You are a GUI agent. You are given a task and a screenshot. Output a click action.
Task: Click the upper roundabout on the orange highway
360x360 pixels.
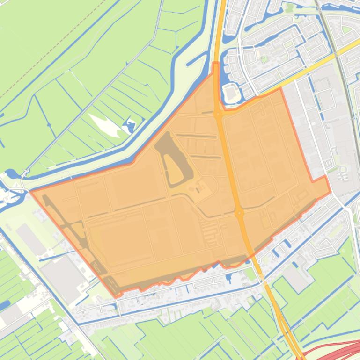pos(218,114)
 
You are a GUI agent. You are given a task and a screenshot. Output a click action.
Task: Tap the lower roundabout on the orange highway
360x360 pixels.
pos(240,213)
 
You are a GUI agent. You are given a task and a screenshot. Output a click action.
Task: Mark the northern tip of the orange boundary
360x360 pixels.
pos(216,63)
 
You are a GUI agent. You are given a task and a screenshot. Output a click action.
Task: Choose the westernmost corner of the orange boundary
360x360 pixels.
pos(30,191)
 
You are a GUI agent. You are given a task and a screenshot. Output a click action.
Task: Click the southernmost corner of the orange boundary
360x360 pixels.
pos(117,297)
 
